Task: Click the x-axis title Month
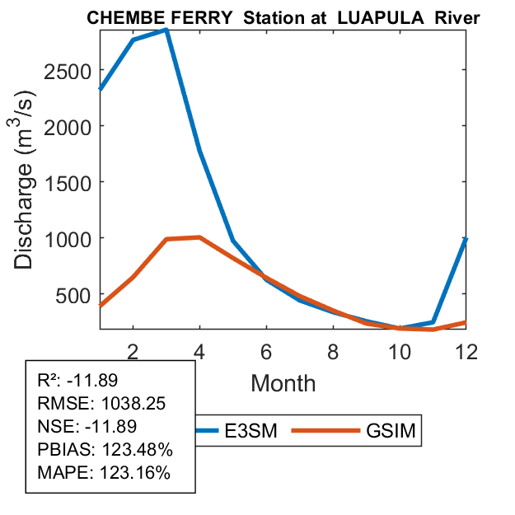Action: click(x=283, y=382)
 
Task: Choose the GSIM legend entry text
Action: click(x=391, y=430)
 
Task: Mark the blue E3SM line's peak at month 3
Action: click(x=166, y=30)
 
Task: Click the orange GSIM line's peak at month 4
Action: click(x=199, y=237)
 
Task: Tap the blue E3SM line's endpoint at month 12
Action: click(x=466, y=239)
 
